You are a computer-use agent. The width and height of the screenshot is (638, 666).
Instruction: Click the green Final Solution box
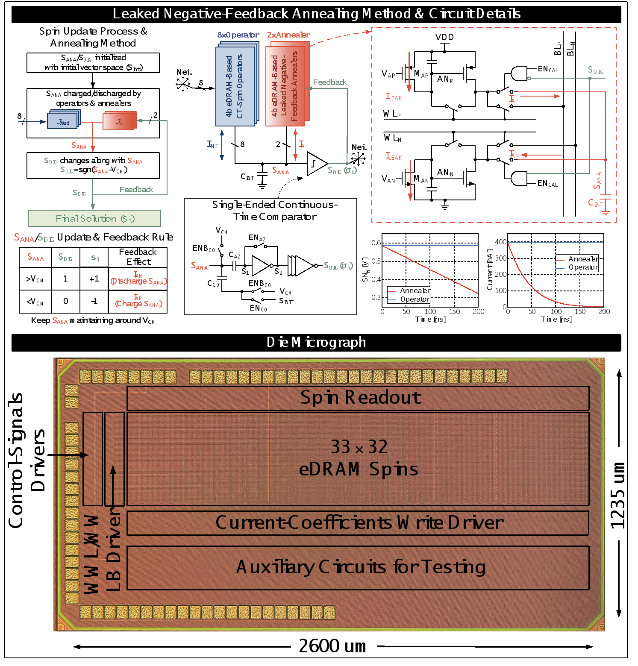[94, 218]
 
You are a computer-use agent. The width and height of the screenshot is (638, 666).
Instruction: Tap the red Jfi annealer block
[119, 121]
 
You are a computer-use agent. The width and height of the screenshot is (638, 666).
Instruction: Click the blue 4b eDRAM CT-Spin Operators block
[235, 86]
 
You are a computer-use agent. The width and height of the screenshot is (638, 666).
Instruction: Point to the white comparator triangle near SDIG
[316, 164]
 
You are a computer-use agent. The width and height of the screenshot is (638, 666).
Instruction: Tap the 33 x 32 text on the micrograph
[359, 447]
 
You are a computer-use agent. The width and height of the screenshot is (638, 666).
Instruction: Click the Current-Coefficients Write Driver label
[359, 522]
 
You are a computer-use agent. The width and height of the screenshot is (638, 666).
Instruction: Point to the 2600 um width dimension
[333, 646]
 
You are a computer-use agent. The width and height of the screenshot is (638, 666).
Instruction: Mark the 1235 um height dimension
[618, 494]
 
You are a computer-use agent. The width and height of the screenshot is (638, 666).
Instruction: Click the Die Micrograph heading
[316, 342]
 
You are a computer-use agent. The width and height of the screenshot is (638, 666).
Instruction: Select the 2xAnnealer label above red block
[288, 35]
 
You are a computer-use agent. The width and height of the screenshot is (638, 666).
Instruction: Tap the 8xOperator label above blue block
[238, 35]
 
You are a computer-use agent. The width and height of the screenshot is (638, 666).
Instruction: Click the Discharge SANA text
[138, 281]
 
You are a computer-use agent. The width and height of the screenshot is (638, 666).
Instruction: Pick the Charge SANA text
[138, 304]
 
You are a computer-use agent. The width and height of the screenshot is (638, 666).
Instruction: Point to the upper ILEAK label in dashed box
[394, 97]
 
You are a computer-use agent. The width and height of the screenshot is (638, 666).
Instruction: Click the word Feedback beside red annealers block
[330, 82]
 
